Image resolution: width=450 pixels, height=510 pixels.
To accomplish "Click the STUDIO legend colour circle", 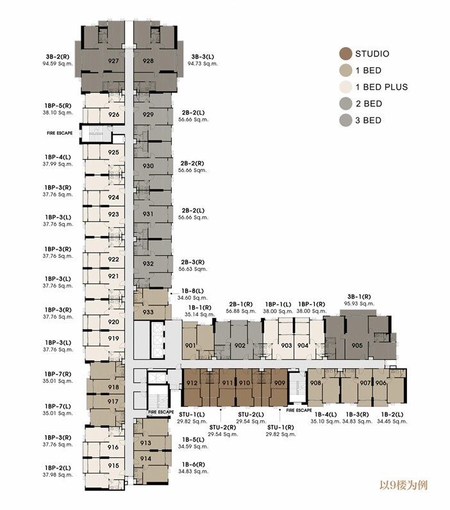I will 346,54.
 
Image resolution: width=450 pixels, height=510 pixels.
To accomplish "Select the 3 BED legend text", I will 369,120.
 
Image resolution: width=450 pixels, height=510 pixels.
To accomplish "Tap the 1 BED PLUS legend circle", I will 346,87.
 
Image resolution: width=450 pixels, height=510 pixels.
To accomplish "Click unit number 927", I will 113,61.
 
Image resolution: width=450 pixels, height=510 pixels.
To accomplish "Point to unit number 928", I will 148,61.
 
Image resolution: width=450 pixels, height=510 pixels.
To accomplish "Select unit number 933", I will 147,312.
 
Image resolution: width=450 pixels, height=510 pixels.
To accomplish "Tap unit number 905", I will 357,345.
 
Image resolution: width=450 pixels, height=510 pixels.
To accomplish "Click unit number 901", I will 190,345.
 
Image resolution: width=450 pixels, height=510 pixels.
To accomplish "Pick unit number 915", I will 113,466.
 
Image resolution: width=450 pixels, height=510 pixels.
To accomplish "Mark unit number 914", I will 145,459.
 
